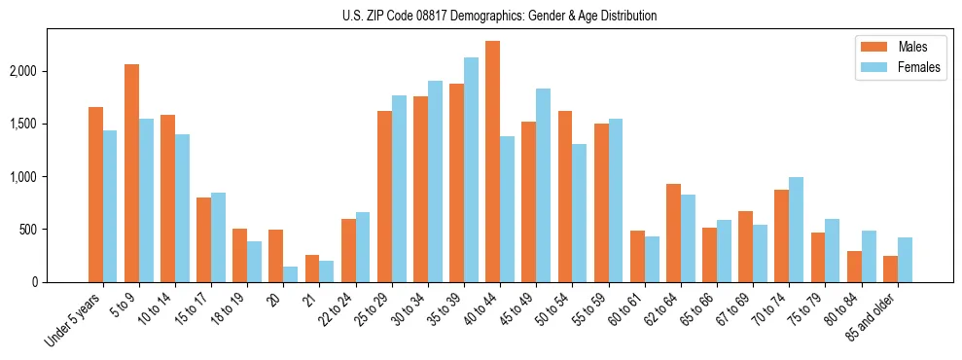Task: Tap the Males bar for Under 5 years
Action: [95, 195]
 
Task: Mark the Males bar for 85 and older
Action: [890, 269]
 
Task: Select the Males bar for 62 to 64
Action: [673, 234]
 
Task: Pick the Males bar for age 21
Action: [312, 269]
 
